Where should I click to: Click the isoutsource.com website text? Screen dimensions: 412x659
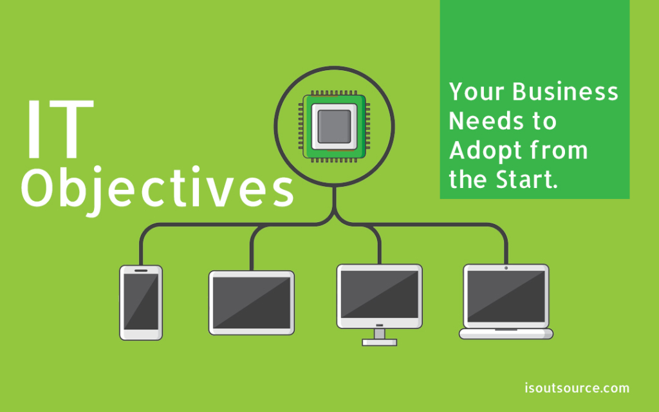pos(577,388)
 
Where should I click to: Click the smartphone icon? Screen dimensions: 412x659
pos(141,303)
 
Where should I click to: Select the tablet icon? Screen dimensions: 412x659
pos(252,303)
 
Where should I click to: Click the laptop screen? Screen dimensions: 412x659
pos(506,297)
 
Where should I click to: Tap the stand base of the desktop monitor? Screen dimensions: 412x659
pos(379,342)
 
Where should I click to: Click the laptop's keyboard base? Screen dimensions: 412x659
pos(506,333)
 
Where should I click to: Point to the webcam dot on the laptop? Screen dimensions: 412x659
pos(506,268)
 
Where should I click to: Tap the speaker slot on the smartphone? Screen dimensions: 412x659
pos(141,270)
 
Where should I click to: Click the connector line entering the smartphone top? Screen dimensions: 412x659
pos(141,254)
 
